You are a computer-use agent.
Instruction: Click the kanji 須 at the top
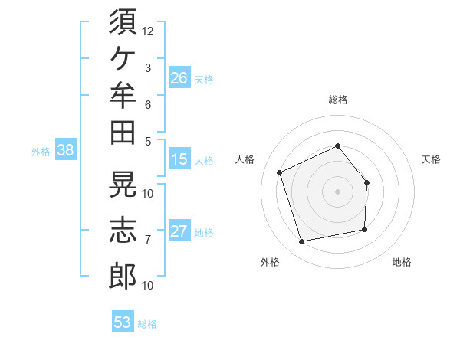(x=123, y=22)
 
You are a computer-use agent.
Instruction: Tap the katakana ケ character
(x=123, y=58)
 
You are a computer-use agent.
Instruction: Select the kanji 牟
(x=123, y=95)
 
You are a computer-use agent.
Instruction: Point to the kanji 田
(x=123, y=133)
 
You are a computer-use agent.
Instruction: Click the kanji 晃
(x=123, y=184)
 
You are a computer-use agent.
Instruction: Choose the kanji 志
(x=123, y=230)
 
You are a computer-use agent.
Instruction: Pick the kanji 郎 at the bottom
(x=123, y=276)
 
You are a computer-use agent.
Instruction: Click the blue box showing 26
(x=179, y=77)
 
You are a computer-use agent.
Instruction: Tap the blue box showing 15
(x=179, y=159)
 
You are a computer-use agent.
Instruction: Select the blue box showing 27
(x=179, y=230)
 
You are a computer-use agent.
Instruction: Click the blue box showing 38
(x=66, y=149)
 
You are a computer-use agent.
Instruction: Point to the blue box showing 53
(x=123, y=321)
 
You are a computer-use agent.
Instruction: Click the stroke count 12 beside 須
(x=147, y=31)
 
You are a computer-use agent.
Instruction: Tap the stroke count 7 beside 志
(x=148, y=240)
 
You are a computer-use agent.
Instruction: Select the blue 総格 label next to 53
(x=147, y=324)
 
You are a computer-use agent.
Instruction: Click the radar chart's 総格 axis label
(x=338, y=100)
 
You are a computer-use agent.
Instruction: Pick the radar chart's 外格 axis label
(x=270, y=262)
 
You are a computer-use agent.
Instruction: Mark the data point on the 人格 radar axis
(x=280, y=172)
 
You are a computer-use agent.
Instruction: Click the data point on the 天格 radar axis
(x=366, y=182)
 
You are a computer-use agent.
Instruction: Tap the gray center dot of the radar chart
(x=337, y=191)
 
